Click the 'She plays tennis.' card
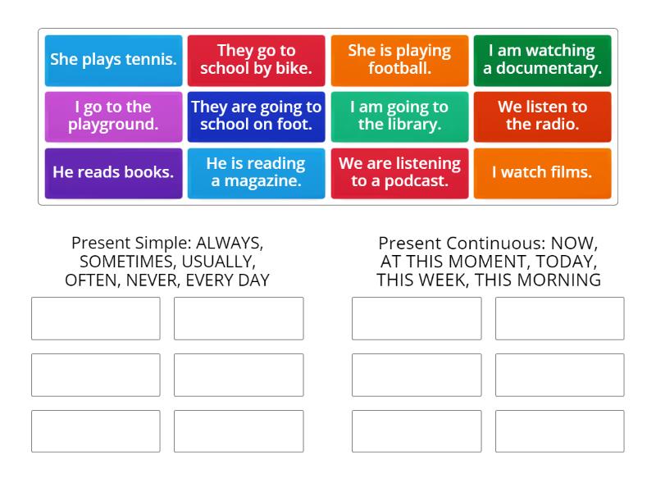point(113,59)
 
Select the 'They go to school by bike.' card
point(256,59)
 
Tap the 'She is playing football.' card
point(399,59)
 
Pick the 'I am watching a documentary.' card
point(542,59)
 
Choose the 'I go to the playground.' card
point(113,116)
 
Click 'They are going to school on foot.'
point(256,116)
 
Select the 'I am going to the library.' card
point(399,116)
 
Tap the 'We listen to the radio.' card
point(542,116)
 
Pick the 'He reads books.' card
point(113,172)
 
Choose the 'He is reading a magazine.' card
point(256,172)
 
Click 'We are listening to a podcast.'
point(399,172)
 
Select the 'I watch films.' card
point(542,172)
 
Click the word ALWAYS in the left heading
point(229,244)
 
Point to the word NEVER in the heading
point(156,280)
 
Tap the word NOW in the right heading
point(572,244)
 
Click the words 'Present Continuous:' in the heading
point(461,244)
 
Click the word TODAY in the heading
point(567,262)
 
